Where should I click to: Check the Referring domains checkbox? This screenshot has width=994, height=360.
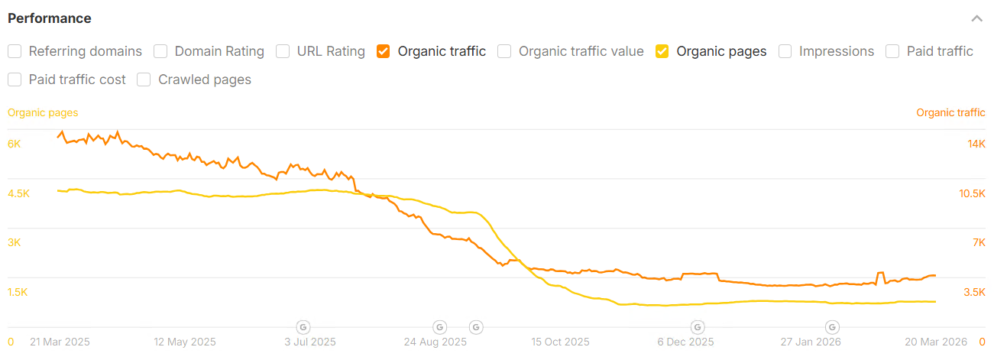point(15,51)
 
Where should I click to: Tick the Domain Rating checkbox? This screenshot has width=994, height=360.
point(160,51)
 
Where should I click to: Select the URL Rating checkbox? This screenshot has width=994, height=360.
point(283,51)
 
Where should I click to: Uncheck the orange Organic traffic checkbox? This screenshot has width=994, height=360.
point(383,51)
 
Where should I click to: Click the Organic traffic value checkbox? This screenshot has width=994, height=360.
point(504,51)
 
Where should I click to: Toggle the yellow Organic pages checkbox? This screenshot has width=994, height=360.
point(662,51)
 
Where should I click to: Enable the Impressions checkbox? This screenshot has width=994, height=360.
point(785,51)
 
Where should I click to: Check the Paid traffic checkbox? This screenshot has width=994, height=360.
point(892,51)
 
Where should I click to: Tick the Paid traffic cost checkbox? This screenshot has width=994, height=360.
point(15,79)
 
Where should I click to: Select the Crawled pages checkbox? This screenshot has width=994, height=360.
point(144,79)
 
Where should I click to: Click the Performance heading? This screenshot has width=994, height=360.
point(50,18)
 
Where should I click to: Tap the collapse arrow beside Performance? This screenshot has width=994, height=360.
point(976,18)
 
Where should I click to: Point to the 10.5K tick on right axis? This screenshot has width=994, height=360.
point(972,193)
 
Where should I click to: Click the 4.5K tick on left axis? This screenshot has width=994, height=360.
point(18,193)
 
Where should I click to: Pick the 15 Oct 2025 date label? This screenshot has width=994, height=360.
point(561,342)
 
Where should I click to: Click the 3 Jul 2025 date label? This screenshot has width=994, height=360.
point(309,342)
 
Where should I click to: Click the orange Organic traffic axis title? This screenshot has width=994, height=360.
point(950,112)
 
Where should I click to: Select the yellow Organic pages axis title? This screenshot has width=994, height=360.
point(43,112)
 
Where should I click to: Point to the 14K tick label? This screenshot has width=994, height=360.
point(976,144)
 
